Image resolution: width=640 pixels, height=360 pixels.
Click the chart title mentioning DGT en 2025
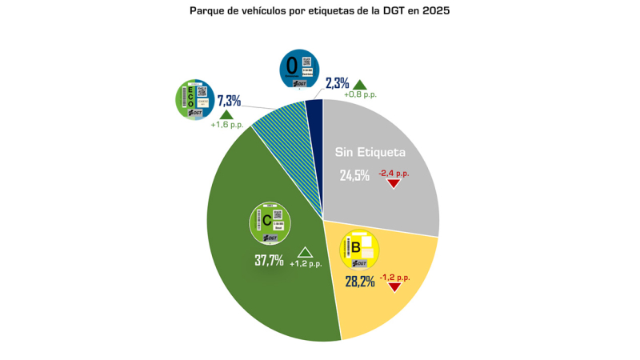pos(320,11)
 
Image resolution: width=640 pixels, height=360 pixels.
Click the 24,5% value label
pos(354,175)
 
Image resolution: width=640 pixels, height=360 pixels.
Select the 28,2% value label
pos(360,282)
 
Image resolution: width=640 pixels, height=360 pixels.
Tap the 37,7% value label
pos(269,260)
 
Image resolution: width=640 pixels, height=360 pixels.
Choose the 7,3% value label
pos(230,101)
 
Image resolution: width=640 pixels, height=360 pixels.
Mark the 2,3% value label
pos(337,83)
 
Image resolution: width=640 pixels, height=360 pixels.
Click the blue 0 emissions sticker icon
pos(298,69)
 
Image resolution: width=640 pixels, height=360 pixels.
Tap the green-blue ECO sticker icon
pos(194,100)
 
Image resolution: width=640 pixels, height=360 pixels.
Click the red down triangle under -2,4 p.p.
pos(394,183)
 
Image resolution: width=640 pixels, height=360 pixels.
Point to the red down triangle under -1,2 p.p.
pos(394,286)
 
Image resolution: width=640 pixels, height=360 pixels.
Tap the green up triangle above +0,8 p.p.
pos(360,84)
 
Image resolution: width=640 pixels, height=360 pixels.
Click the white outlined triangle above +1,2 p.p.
pos(305,252)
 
